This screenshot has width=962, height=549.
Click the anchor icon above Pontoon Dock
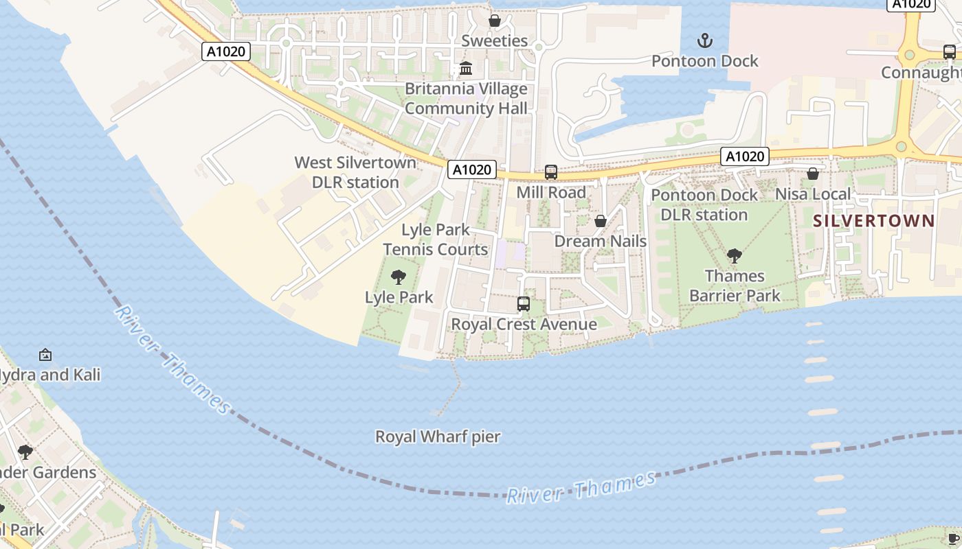[x=705, y=41]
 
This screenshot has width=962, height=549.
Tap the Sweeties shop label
[x=494, y=40]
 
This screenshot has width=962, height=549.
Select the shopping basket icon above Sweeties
[x=494, y=21]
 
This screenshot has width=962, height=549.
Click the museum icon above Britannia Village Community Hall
[x=466, y=69]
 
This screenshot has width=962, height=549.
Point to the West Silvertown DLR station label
[x=355, y=172]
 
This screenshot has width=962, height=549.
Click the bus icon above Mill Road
[x=551, y=172]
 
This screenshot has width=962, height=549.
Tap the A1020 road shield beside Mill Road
[x=472, y=170]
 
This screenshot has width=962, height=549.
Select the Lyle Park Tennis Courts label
[x=436, y=240]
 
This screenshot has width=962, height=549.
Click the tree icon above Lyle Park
[x=398, y=277]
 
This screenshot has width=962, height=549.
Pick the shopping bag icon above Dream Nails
[x=601, y=221]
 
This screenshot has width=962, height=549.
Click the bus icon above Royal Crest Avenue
[x=524, y=303]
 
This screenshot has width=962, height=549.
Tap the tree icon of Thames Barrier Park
[x=735, y=256]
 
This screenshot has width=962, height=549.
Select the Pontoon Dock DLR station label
[x=704, y=205]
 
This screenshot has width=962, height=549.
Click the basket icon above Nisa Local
[x=813, y=174]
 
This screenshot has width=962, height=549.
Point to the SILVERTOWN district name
[x=873, y=221]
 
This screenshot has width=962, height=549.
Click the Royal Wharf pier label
[x=438, y=436]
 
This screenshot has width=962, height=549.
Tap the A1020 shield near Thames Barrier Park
[x=745, y=156]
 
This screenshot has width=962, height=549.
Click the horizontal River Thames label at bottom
[x=581, y=488]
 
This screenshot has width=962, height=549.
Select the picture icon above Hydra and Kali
[x=45, y=355]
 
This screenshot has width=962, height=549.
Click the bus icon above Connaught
[x=949, y=52]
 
